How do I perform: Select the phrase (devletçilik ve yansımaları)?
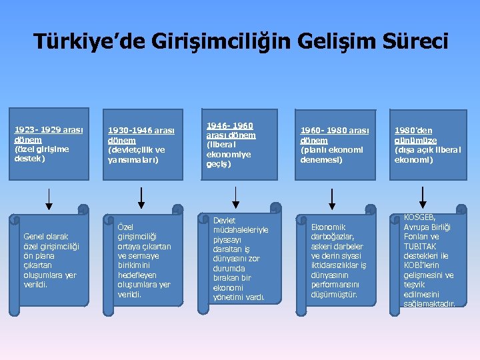click(x=136, y=155)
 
